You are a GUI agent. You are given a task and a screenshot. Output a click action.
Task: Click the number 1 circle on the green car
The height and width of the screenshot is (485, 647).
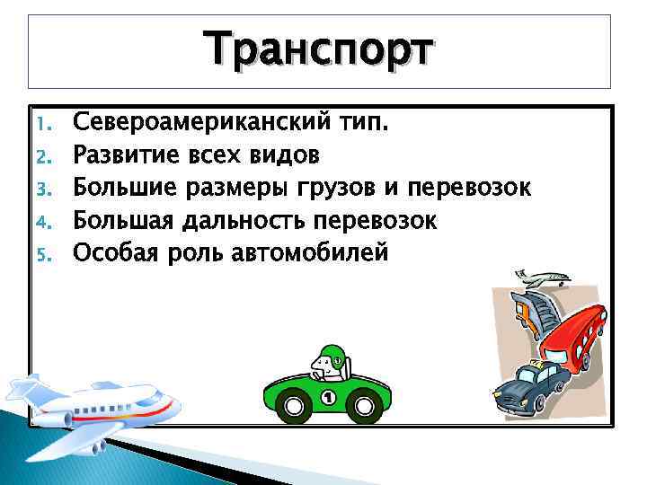pyautogui.click(x=327, y=397)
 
